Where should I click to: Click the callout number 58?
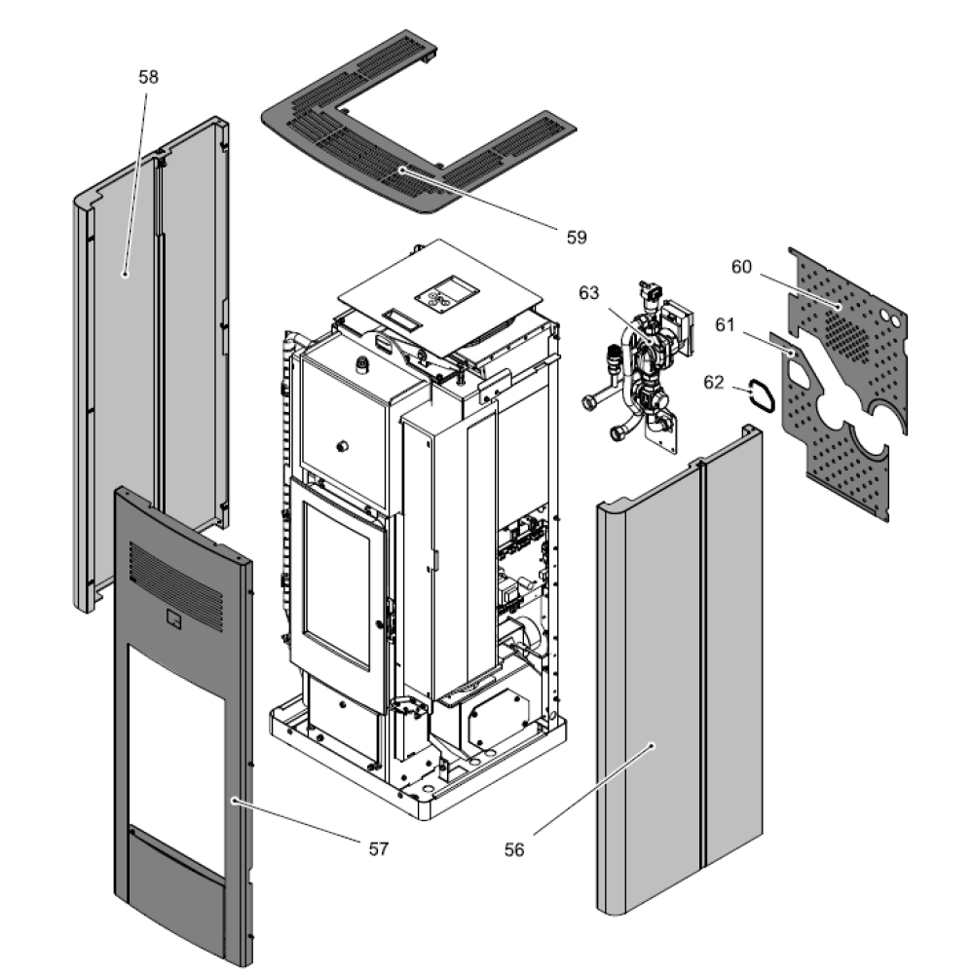[x=148, y=76]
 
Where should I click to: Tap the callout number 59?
[x=577, y=237]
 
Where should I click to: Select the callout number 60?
[x=741, y=267]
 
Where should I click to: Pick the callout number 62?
[x=714, y=383]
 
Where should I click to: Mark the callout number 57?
[x=378, y=848]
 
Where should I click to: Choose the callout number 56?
[x=514, y=849]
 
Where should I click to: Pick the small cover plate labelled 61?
[x=784, y=342]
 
